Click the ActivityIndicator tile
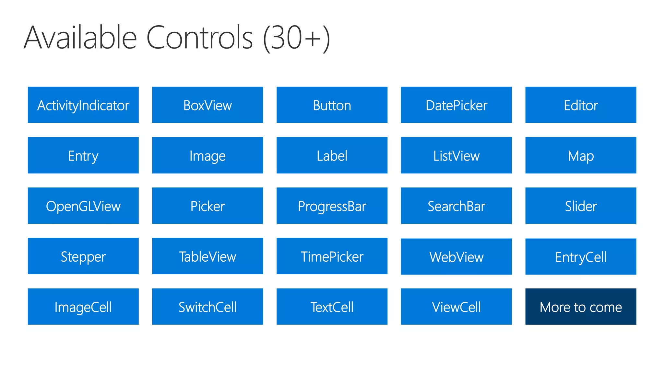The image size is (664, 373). coord(83,105)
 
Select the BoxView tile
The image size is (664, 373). coord(207,105)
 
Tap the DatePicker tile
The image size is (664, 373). coord(456,105)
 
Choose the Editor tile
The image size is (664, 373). coord(581,105)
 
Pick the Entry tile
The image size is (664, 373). coord(83,155)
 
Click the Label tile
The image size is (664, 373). coord(332,155)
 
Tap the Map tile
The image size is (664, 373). coord(581,155)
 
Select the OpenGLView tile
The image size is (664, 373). coord(83,206)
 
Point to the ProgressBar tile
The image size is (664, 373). coord(332,206)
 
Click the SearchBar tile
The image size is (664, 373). coord(456,206)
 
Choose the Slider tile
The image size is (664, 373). coord(581,206)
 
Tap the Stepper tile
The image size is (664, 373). coord(83,256)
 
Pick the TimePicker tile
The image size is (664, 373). coord(332,256)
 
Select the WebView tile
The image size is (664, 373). coord(456,257)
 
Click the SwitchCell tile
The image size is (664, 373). coord(207,307)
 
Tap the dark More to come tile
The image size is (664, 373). coord(581,307)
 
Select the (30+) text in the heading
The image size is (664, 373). coord(296,38)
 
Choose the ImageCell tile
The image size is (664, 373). coord(83,307)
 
